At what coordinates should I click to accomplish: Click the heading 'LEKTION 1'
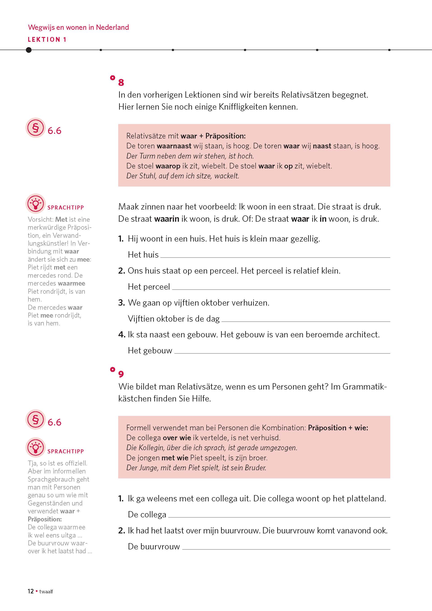point(47,40)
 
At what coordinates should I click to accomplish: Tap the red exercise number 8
point(121,83)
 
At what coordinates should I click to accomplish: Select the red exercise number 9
point(121,374)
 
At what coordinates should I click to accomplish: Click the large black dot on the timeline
point(29,50)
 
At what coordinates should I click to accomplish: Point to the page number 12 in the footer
point(31,599)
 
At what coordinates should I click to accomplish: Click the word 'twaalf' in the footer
point(46,599)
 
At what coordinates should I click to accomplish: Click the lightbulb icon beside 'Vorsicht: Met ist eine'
point(35,204)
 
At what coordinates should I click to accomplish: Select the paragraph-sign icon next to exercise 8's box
point(35,128)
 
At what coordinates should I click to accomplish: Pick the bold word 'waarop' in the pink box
point(168,166)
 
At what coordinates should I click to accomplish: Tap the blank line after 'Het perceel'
point(281,288)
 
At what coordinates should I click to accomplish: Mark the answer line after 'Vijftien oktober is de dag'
point(306,320)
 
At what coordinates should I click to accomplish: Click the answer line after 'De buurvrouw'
point(286,548)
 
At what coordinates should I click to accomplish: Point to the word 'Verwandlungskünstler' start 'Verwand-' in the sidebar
point(67,235)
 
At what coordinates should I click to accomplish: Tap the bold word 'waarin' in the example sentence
point(167,219)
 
